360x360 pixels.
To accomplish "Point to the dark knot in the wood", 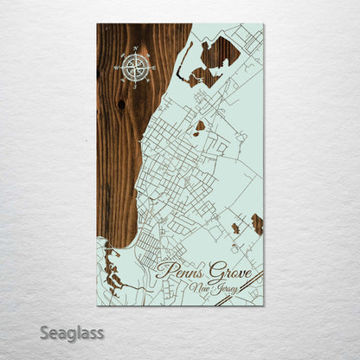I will click(x=120, y=104).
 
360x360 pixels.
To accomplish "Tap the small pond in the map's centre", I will click(x=201, y=126).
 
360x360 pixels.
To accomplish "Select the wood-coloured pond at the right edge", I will click(x=256, y=224).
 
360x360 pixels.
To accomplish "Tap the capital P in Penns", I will click(x=163, y=276).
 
